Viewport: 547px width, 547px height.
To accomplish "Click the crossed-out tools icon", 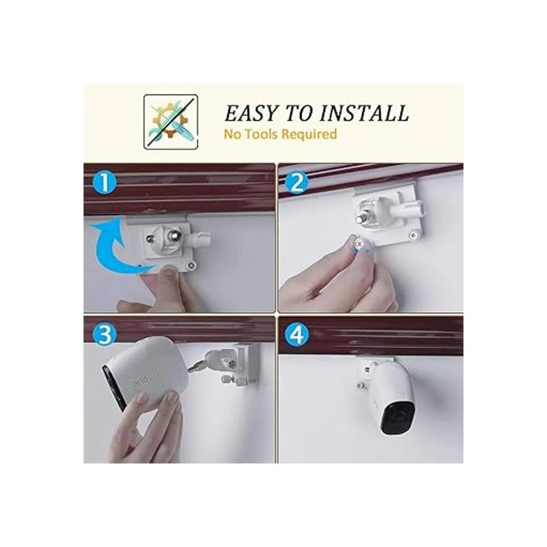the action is (170, 122).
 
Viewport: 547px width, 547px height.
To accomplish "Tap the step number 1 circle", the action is (105, 183).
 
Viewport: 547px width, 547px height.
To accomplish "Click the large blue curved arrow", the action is (114, 250).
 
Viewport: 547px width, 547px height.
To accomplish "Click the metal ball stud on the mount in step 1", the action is (173, 235).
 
